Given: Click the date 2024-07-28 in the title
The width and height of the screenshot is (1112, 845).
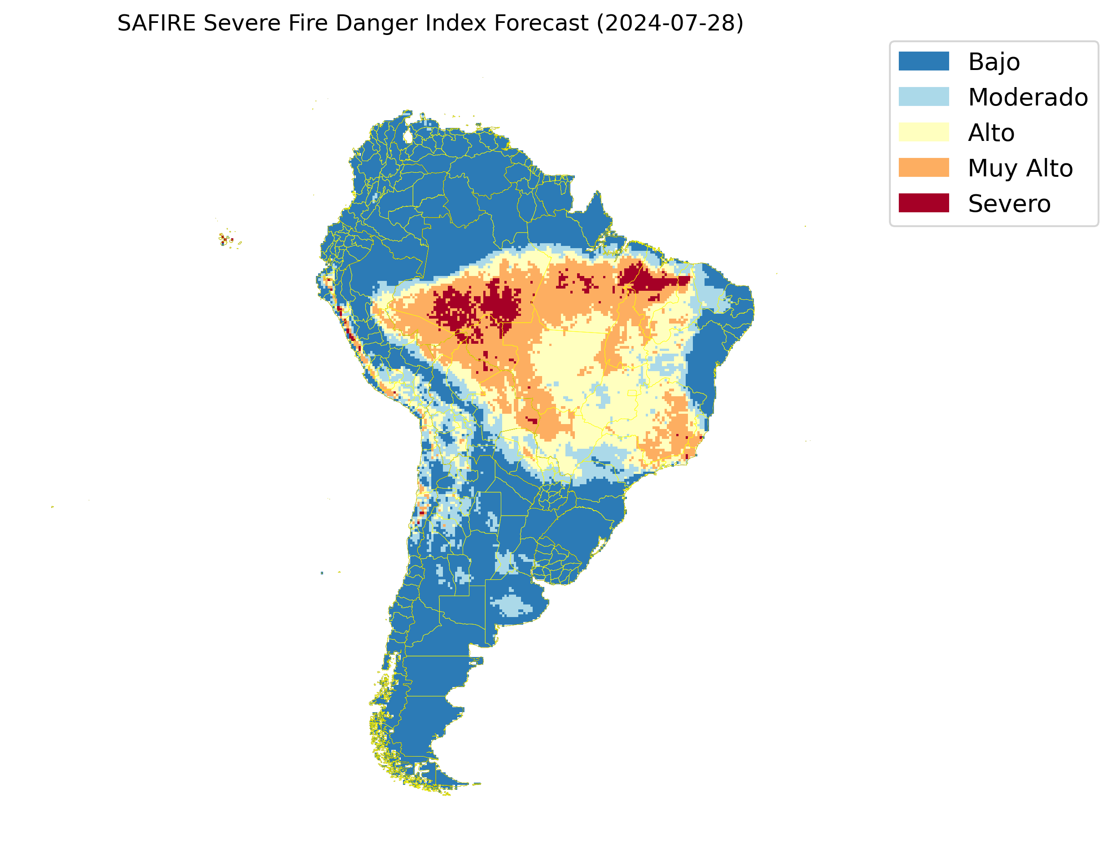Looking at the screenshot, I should click(x=670, y=23).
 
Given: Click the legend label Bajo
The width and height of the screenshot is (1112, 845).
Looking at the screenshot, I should click(x=994, y=62).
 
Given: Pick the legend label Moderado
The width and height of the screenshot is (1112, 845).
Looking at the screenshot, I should click(x=1028, y=97).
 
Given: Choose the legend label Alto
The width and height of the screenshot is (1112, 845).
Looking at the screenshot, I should click(x=991, y=133).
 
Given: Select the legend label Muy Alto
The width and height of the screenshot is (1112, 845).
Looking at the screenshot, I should click(x=1020, y=168).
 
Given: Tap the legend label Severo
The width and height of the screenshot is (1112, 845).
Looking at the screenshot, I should click(x=1009, y=204).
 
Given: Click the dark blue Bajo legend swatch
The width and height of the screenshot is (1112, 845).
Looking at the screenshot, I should click(x=924, y=61).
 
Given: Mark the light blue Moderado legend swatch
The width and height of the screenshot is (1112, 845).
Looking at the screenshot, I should click(x=924, y=96).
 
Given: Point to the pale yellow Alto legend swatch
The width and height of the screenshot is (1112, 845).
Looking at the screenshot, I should click(x=924, y=132).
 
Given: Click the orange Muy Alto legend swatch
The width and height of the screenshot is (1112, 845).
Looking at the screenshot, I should click(x=924, y=167).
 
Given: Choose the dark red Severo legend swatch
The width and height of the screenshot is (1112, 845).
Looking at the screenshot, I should click(x=924, y=203).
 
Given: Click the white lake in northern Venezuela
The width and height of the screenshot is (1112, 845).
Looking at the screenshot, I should click(x=408, y=136).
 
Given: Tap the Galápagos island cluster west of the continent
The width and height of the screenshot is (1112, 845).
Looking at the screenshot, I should click(x=226, y=239).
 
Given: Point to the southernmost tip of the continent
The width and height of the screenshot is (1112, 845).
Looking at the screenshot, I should click(x=445, y=794).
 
